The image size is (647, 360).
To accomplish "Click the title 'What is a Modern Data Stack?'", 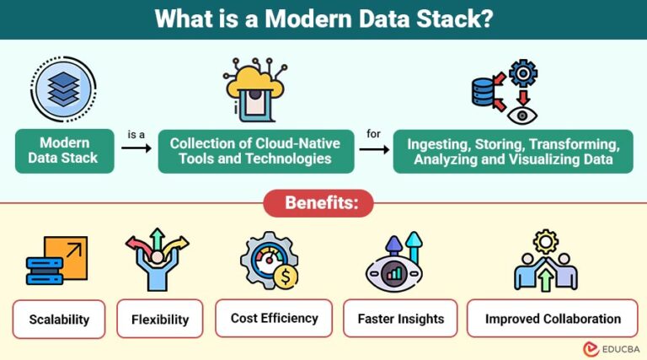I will coord(323,19).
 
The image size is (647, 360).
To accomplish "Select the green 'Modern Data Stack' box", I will coord(65,150).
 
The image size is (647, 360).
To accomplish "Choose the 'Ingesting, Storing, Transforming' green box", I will coord(513,150).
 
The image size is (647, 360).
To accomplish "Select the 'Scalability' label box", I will coord(59,319).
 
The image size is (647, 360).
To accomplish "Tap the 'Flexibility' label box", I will coord(160,319).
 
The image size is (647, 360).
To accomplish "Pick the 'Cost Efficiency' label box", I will coord(274,318).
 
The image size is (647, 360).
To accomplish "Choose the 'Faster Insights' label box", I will coord(400,319).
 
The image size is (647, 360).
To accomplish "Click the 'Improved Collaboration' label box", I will coord(552,319).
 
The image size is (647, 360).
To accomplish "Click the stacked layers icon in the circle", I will coord(65,88).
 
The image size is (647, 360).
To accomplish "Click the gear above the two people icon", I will coord(545,239).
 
